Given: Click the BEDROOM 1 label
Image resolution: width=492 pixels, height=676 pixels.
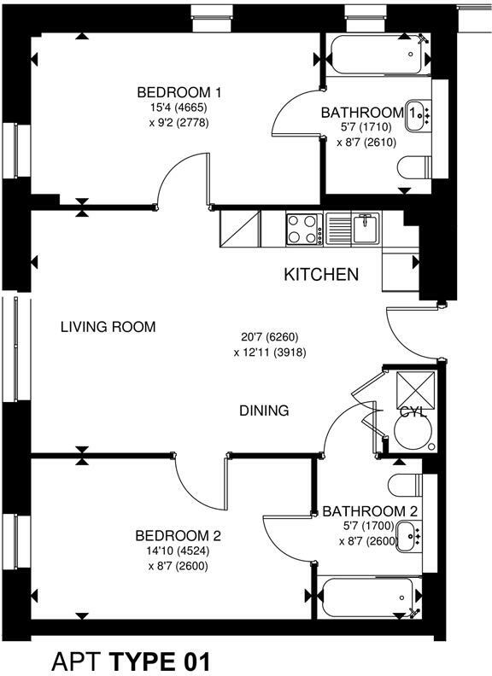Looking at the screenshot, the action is click(x=179, y=92).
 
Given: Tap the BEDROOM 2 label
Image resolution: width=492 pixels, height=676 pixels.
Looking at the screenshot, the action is click(x=179, y=536).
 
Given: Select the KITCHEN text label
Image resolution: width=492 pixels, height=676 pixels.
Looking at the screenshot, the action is click(x=321, y=275).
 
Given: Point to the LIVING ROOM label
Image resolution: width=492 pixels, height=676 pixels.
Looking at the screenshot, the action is click(x=108, y=327).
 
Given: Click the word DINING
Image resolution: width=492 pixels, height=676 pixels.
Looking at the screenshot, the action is click(x=264, y=411).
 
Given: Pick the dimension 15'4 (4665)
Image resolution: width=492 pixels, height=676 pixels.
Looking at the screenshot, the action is click(x=179, y=108).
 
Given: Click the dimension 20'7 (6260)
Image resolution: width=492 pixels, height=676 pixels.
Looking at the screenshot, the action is click(x=270, y=336).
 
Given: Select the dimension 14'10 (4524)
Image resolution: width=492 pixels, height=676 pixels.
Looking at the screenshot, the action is click(x=179, y=551).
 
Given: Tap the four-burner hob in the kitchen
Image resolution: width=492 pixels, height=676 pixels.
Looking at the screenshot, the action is click(x=304, y=230).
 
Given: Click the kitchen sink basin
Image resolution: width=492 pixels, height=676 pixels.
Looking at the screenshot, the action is click(x=366, y=229).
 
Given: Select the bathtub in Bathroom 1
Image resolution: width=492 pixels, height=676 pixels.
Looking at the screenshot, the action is click(x=377, y=55).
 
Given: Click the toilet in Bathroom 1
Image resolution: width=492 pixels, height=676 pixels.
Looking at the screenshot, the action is click(x=414, y=166).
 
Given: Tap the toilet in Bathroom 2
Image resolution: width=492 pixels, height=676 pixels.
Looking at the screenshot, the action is click(x=405, y=485).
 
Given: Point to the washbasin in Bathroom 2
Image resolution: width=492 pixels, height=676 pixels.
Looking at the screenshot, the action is click(x=408, y=536).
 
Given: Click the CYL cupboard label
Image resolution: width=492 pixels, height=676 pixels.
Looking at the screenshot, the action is click(x=413, y=412).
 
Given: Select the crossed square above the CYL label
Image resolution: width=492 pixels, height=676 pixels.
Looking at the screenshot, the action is click(x=416, y=390).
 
